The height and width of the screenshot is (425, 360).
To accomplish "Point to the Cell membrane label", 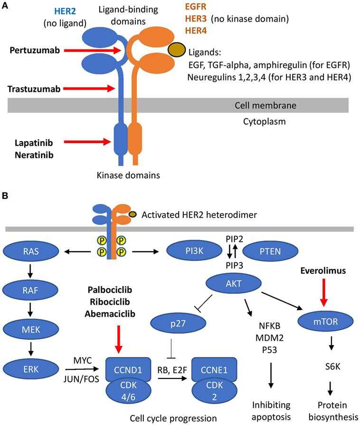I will pos(276,105).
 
